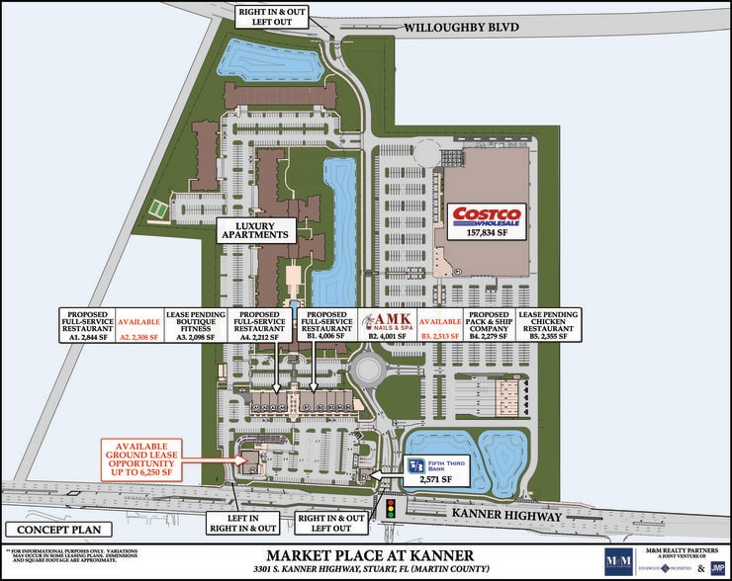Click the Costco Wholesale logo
coord(487,215)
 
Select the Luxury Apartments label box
coord(255,230)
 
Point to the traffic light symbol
coord(391,510)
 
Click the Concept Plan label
coord(39,529)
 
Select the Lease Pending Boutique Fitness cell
coord(191,325)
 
